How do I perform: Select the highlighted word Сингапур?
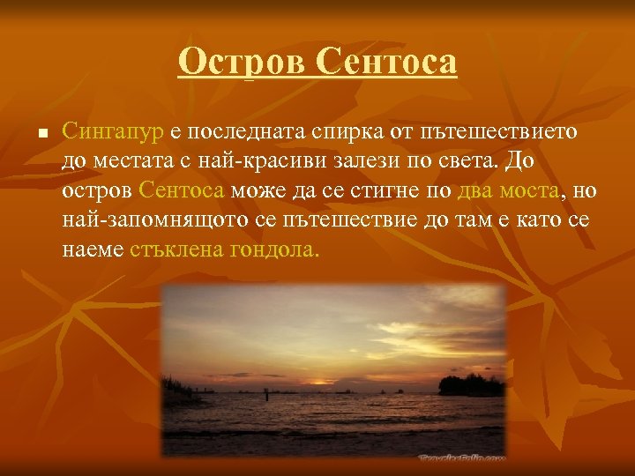[x=114, y=132]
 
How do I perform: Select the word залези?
[x=357, y=162]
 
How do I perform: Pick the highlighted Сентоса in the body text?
[x=183, y=190]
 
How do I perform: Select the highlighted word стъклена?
[x=176, y=249]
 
